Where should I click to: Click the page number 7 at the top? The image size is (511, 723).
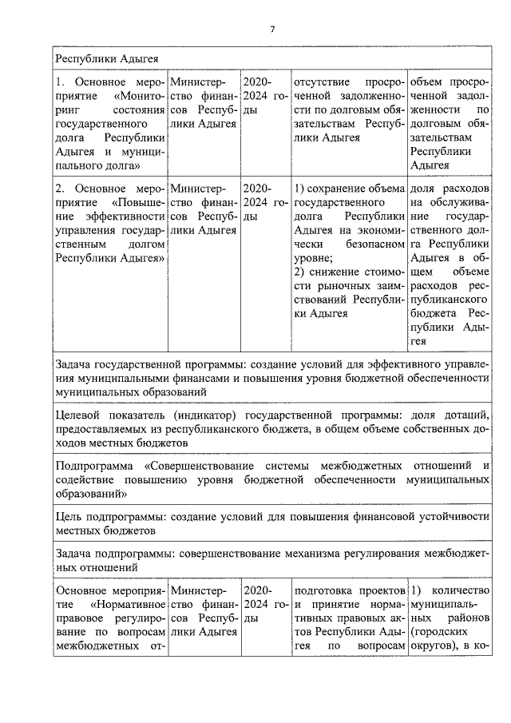[x=271, y=30]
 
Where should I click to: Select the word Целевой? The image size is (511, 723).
[x=78, y=415]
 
